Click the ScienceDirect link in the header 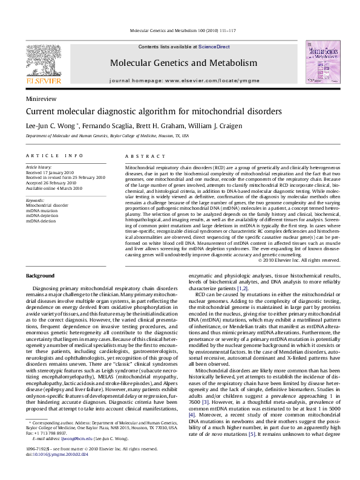tap(214, 47)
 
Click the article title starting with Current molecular tap(153, 112)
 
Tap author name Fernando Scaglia tap(106, 125)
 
